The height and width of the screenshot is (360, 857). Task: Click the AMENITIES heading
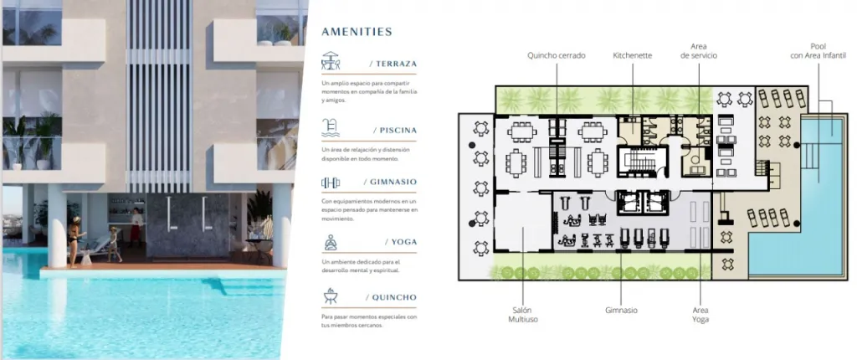click(x=357, y=32)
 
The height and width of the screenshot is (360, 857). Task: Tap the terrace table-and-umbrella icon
click(x=331, y=61)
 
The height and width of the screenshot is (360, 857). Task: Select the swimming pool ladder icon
click(x=330, y=127)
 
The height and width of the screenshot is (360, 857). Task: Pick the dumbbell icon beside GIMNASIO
click(x=331, y=183)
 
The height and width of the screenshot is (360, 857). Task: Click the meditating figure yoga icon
click(x=331, y=242)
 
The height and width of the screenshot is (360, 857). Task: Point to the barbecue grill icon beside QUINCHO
click(x=331, y=296)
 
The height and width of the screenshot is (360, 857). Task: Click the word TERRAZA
click(x=396, y=64)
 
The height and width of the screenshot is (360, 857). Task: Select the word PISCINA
click(x=398, y=131)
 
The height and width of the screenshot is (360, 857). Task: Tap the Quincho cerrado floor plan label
click(x=557, y=55)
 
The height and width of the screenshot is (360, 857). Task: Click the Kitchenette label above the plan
click(x=633, y=55)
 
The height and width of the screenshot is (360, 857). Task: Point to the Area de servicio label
click(x=699, y=51)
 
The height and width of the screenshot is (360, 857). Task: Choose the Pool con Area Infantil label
click(x=819, y=51)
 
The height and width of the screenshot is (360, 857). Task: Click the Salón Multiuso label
click(x=522, y=315)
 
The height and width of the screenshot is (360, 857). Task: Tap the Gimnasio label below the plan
click(x=621, y=311)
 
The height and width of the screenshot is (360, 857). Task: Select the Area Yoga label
click(x=700, y=315)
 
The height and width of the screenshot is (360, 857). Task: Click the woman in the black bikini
click(x=74, y=242)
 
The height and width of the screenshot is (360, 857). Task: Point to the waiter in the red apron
click(x=136, y=224)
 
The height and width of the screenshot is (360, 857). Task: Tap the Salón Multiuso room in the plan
click(x=522, y=222)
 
